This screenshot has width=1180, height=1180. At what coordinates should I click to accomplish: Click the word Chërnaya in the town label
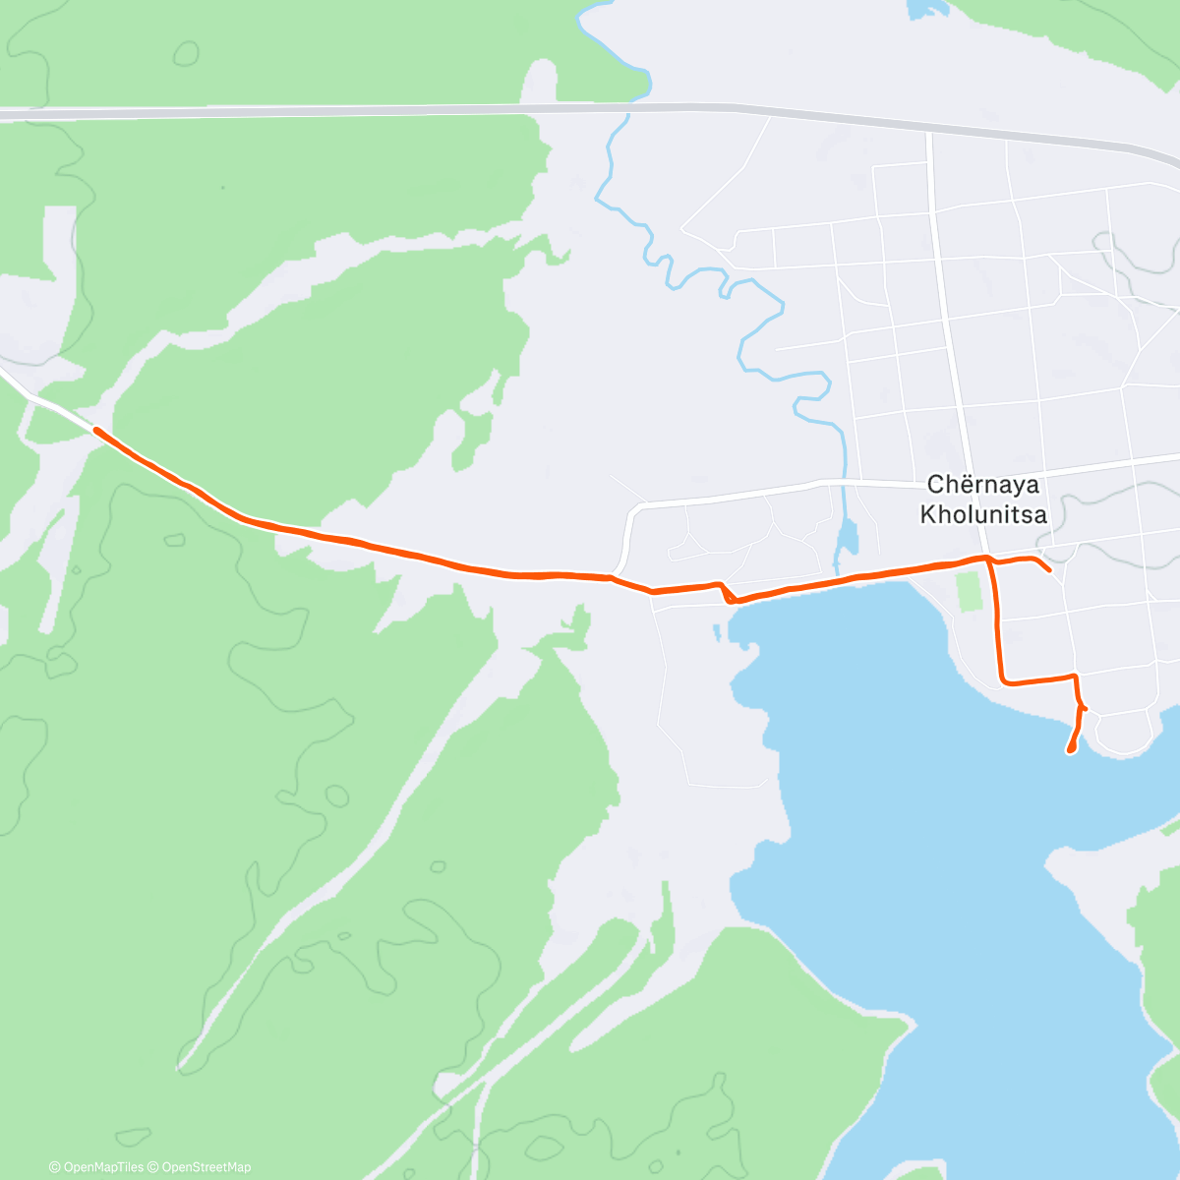[x=982, y=485]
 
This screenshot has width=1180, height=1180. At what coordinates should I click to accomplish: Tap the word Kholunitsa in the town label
[x=982, y=514]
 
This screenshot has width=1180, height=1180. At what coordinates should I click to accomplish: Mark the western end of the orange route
[x=96, y=430]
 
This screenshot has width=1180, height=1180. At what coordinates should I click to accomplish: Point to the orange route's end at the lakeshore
[x=1070, y=751]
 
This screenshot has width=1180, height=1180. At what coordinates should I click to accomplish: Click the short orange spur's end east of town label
[x=1050, y=569]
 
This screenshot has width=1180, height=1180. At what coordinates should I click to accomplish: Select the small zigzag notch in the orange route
[x=727, y=593]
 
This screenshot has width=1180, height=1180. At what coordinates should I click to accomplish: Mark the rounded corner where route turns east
[x=1004, y=679]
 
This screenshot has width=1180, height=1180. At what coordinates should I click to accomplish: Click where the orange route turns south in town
[x=989, y=560]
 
